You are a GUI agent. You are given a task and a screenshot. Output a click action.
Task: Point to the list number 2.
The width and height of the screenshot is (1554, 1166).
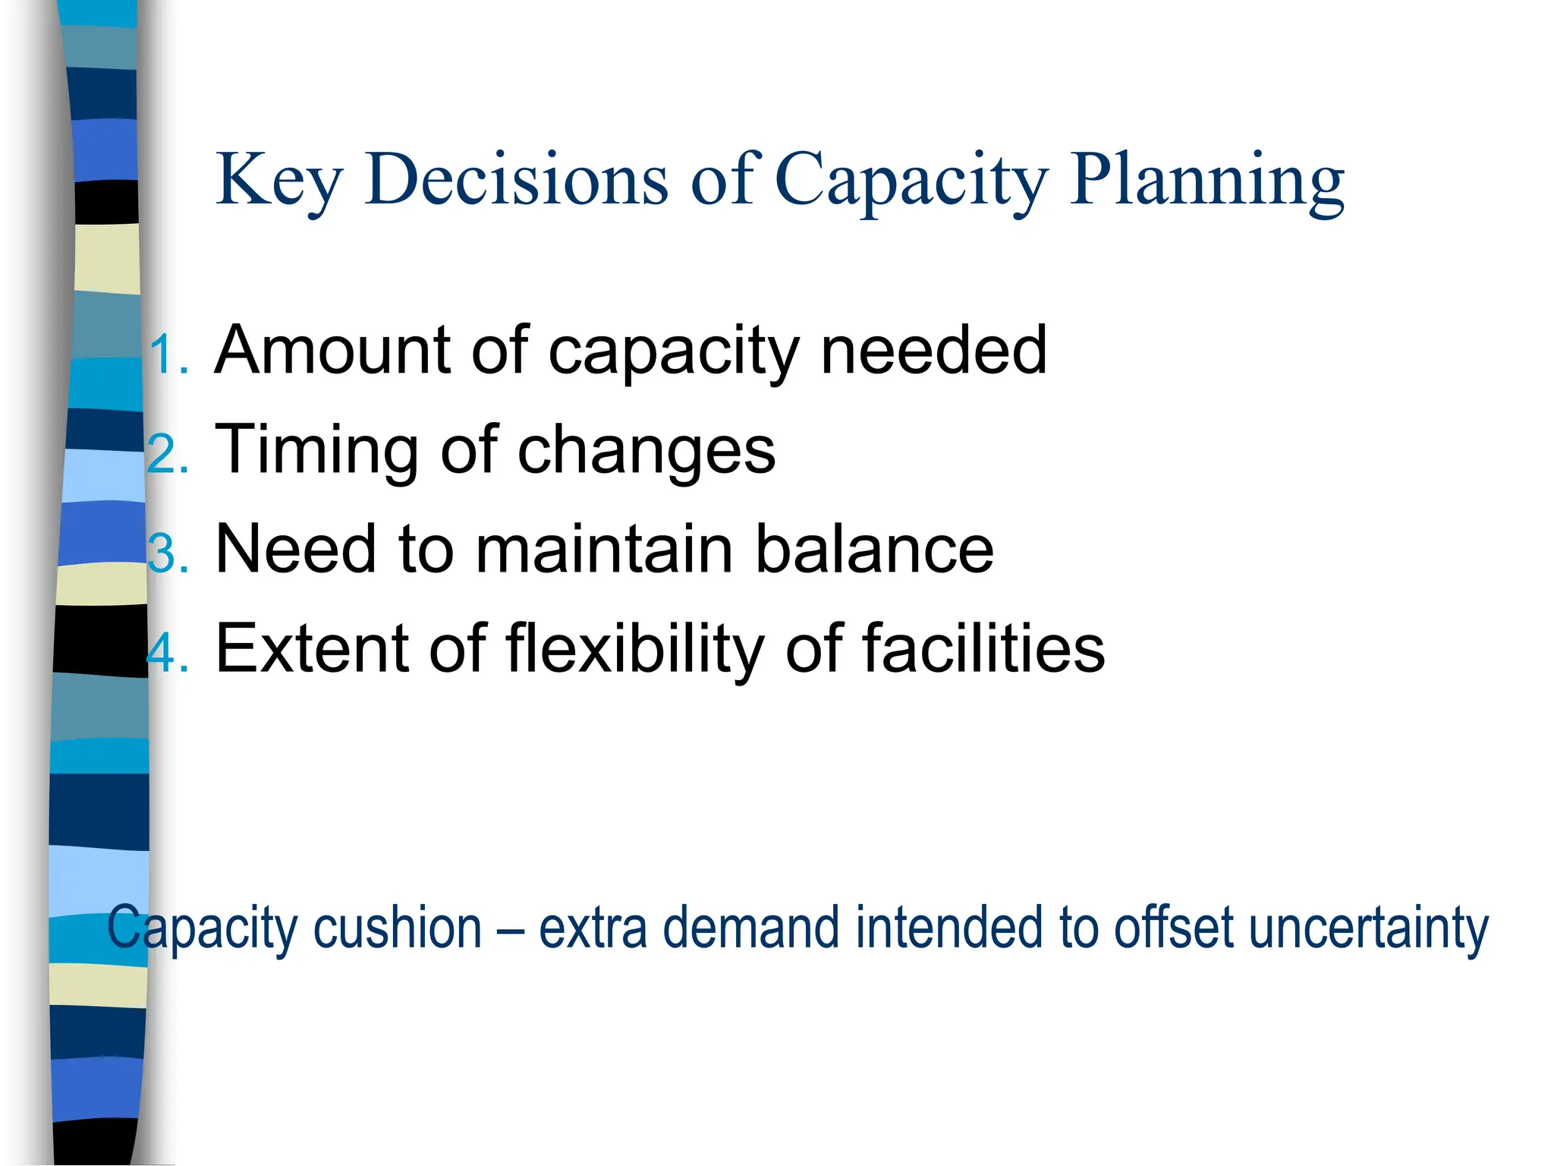click(165, 455)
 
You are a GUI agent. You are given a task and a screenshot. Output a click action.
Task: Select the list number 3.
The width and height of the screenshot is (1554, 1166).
click(165, 553)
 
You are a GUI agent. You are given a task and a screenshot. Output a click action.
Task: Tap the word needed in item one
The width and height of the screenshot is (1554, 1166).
click(933, 350)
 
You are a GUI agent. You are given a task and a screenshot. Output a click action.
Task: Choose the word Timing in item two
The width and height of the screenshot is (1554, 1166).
click(315, 449)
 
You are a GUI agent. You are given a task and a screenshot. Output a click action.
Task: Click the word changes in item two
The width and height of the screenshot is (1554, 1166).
click(646, 449)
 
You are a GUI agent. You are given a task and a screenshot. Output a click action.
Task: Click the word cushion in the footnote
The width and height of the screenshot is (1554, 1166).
click(398, 928)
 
